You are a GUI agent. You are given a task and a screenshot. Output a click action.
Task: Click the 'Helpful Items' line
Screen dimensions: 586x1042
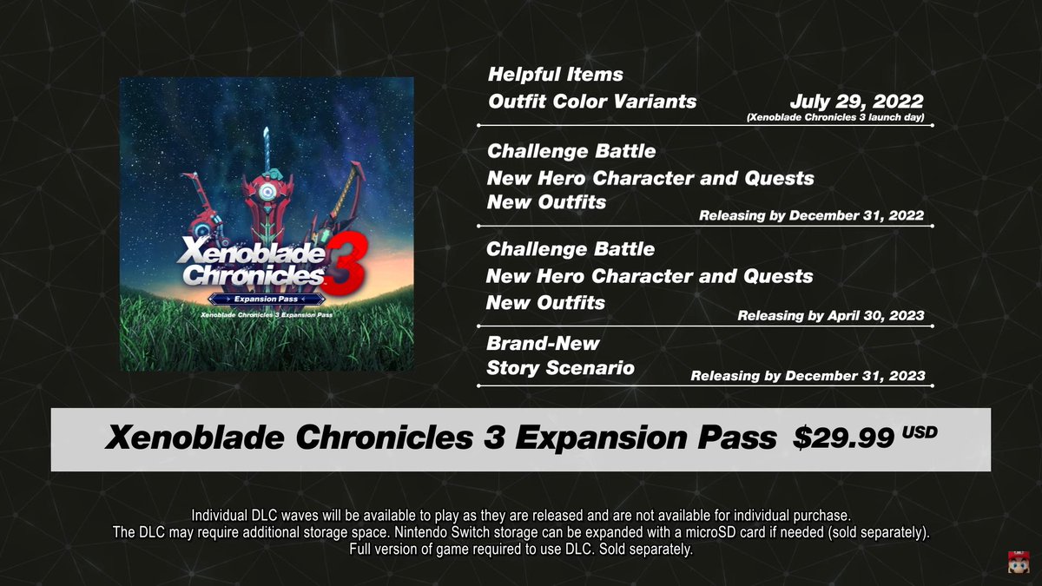(x=555, y=75)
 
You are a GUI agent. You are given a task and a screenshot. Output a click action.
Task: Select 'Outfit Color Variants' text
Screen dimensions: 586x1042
(x=591, y=102)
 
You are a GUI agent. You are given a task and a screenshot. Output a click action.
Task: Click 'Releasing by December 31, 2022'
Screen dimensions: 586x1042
(x=811, y=216)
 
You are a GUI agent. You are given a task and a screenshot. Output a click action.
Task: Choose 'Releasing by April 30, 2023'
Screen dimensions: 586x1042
(x=830, y=316)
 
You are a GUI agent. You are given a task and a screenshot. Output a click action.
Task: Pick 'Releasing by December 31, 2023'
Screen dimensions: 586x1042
(x=808, y=377)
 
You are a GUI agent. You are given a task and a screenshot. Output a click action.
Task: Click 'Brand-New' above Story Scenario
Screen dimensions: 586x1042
(x=543, y=343)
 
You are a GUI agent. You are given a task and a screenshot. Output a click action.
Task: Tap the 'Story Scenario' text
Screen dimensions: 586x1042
(x=560, y=368)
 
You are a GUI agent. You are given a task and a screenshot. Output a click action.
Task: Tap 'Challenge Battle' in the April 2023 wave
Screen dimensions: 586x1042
(x=570, y=249)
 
